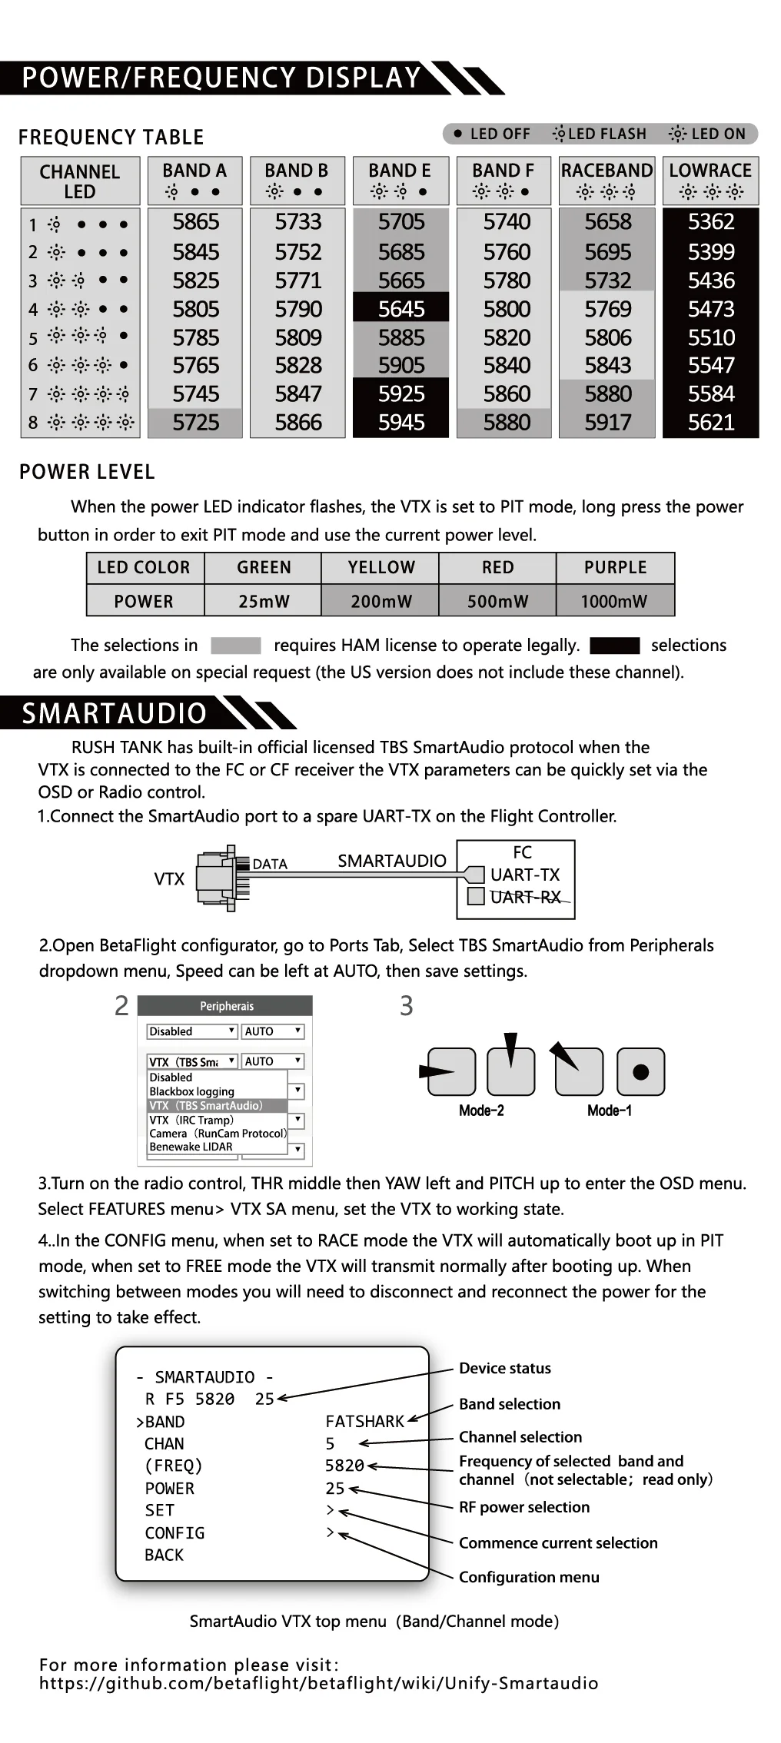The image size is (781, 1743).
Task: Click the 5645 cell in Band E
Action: (400, 309)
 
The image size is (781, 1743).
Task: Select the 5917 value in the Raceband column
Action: (607, 422)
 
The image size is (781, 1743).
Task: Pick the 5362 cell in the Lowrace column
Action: (711, 222)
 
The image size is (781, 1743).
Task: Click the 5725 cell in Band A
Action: (195, 422)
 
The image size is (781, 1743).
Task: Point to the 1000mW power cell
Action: (614, 601)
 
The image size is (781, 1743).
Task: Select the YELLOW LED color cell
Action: (381, 567)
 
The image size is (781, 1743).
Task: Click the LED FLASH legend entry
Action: (600, 134)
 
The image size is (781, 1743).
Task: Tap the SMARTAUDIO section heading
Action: (115, 713)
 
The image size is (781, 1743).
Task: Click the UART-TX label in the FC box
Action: (525, 875)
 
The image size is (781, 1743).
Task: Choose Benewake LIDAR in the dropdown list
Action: (191, 1147)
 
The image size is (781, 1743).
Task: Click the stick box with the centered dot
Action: (640, 1071)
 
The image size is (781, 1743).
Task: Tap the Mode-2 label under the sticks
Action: (481, 1111)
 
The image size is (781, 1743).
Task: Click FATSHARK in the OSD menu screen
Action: (364, 1422)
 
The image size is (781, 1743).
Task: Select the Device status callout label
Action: (504, 1368)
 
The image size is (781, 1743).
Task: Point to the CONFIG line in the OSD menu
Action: (174, 1533)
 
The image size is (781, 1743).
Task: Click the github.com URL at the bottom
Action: (318, 1683)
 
